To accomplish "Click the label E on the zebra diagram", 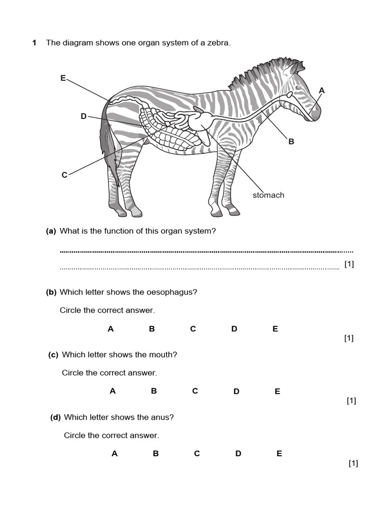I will pos(63,78).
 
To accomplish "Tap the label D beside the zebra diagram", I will pos(83,116).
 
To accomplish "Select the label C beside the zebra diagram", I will pos(64,175).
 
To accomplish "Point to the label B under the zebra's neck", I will pos(291,142).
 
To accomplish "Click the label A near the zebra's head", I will pos(322,90).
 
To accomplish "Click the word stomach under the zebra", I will pos(268,195).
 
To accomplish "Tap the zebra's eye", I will pos(299,88).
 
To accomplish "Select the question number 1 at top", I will pos(34,43).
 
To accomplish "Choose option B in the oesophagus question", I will pos(152,329).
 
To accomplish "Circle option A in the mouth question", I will pos(113,392).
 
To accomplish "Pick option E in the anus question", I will pos(279,454).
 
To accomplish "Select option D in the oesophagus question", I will pos(234,329).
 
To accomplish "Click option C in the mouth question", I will pos(195,392).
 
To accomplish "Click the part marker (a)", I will pos(51,231).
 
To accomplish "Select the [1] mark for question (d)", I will pos(353,463).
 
